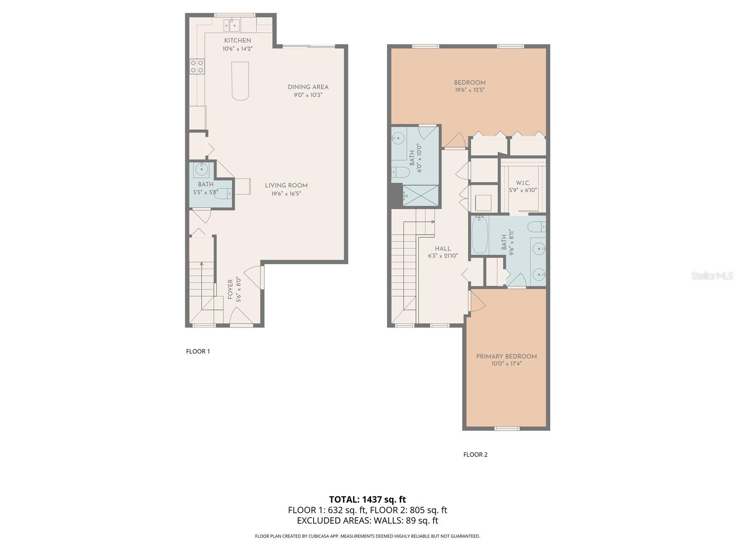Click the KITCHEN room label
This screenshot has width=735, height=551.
[237, 40]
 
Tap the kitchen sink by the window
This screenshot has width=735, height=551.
[232, 25]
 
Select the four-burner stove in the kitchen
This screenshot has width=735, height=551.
[197, 66]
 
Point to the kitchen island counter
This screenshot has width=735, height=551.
[240, 81]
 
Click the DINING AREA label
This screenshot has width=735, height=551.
[308, 87]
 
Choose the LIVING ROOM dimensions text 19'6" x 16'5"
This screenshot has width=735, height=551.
[286, 193]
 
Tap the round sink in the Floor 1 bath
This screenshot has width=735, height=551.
[202, 169]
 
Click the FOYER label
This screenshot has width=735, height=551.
[231, 289]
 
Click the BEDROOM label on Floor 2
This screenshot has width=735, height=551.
[469, 83]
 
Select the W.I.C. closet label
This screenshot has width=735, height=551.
[523, 183]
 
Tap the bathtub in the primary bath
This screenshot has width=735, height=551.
[480, 235]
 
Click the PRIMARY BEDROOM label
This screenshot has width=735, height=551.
[506, 356]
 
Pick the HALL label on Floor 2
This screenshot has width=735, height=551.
[443, 248]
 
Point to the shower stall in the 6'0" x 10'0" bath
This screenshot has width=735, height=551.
[420, 196]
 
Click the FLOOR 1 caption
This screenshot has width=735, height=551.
[198, 351]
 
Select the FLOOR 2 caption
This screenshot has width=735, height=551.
[475, 454]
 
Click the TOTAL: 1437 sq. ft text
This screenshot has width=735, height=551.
[367, 500]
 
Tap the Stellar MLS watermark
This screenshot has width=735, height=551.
[712, 275]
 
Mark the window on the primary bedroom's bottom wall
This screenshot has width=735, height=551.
[507, 428]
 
